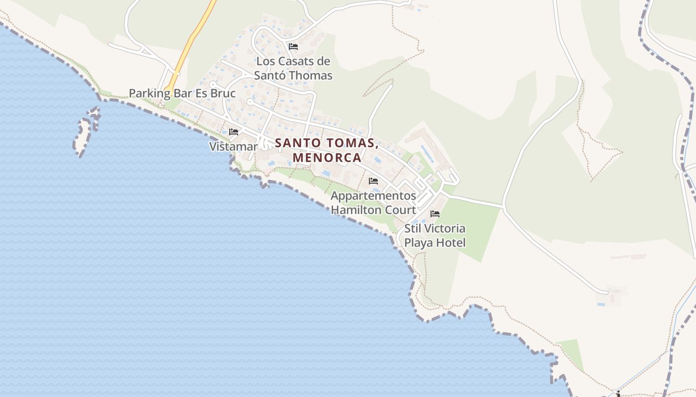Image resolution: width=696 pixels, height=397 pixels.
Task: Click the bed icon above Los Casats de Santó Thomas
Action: (293, 47)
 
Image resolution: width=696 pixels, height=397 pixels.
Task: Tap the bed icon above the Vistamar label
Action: (234, 132)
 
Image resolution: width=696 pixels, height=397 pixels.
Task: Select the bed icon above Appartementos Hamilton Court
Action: (373, 181)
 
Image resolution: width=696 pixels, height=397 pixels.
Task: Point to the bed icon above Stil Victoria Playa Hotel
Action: (435, 214)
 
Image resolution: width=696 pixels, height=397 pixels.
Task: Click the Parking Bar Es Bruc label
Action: (182, 93)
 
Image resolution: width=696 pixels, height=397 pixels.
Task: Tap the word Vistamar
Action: (233, 146)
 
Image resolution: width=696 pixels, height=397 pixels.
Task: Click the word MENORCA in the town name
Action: (327, 158)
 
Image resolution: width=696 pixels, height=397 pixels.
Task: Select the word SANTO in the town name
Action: (298, 143)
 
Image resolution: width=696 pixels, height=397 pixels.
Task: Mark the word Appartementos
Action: (373, 196)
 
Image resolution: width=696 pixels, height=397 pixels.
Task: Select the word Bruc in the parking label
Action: (223, 93)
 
